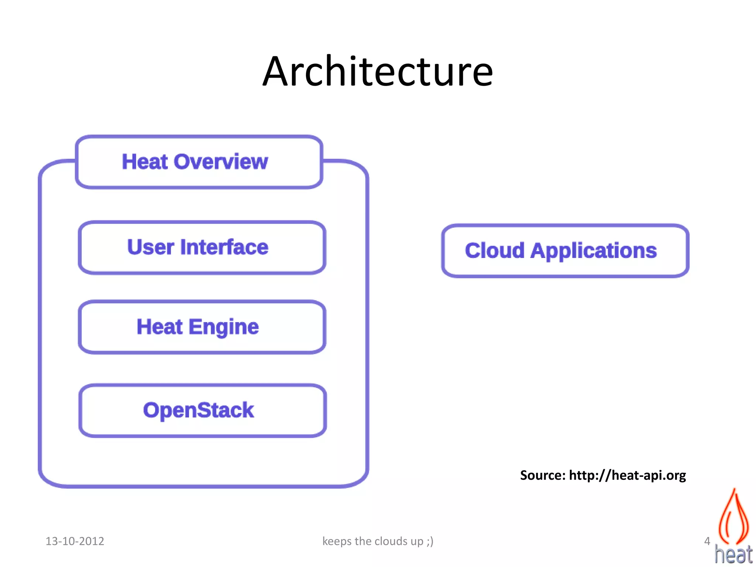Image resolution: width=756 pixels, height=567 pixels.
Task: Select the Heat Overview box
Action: pyautogui.click(x=199, y=162)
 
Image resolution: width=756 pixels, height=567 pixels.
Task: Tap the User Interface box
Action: pyautogui.click(x=202, y=247)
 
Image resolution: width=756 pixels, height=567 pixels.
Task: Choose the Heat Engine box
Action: pyautogui.click(x=202, y=327)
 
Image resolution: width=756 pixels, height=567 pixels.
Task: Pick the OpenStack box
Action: pyautogui.click(x=202, y=410)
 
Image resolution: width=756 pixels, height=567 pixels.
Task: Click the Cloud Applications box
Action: pyautogui.click(x=565, y=251)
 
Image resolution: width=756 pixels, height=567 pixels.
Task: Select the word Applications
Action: pyautogui.click(x=594, y=251)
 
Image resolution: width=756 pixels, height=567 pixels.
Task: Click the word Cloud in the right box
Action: pyautogui.click(x=494, y=251)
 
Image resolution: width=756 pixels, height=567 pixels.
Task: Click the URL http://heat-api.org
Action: pyautogui.click(x=627, y=475)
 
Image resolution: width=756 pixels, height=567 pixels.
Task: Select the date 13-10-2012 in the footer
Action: pyautogui.click(x=75, y=541)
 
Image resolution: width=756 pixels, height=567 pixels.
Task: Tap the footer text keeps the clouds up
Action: pyautogui.click(x=372, y=541)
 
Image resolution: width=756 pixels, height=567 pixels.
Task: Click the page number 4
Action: pyautogui.click(x=707, y=541)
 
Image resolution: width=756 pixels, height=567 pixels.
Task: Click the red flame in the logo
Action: pyautogui.click(x=734, y=517)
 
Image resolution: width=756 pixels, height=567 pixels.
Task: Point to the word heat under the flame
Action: pyautogui.click(x=733, y=554)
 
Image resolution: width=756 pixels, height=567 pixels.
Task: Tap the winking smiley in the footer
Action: pyautogui.click(x=430, y=542)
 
